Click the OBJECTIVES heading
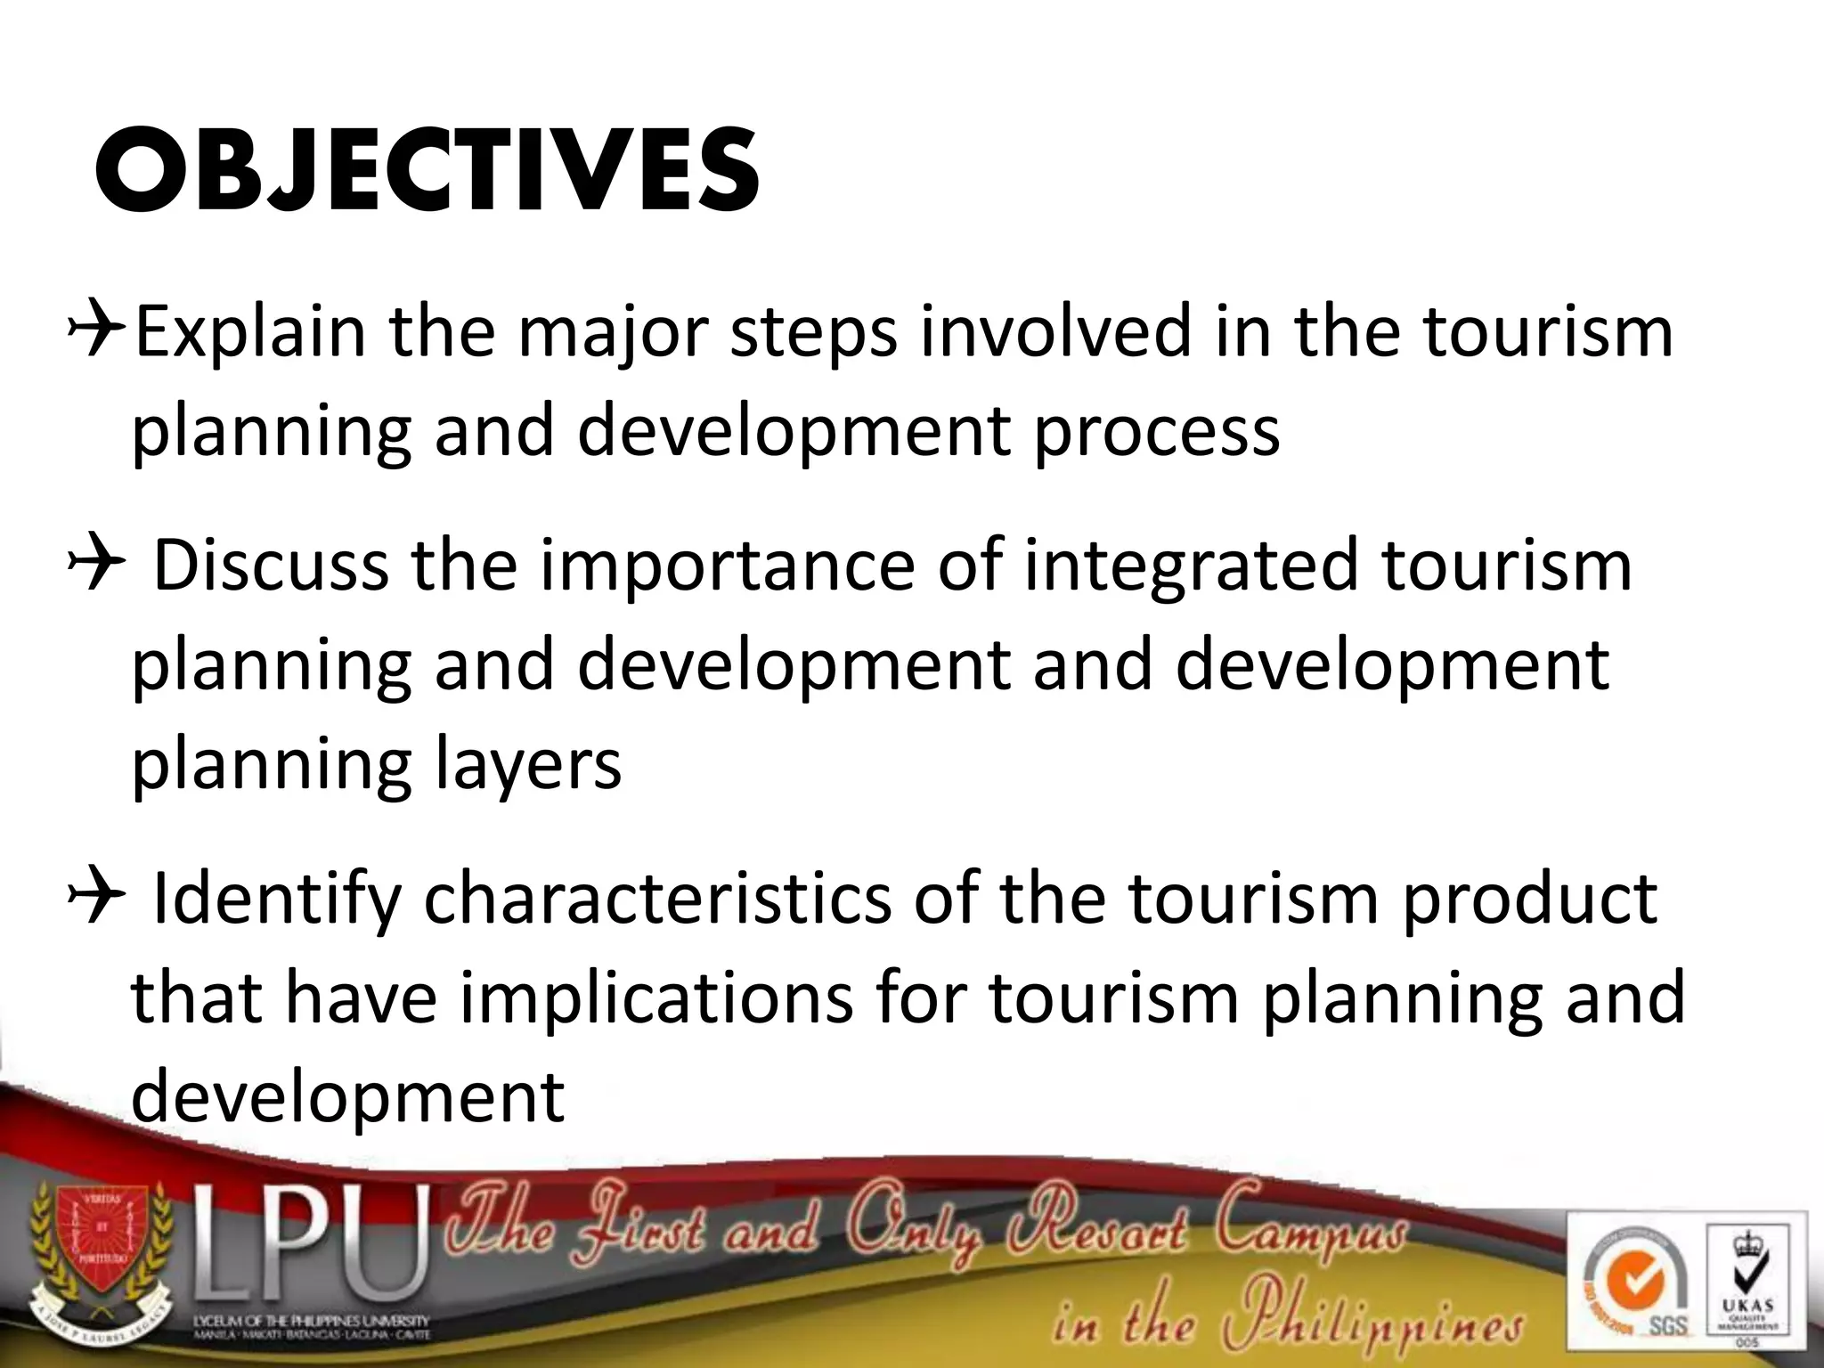(426, 172)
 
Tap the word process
(1156, 431)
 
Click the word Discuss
(271, 566)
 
